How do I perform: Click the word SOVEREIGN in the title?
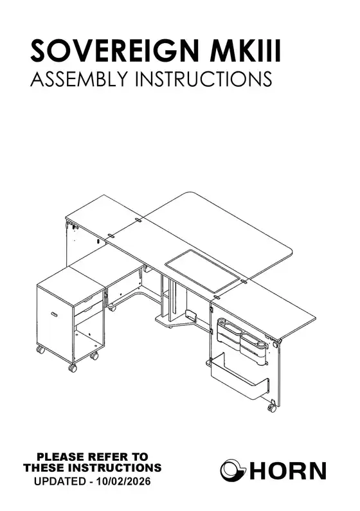(115, 51)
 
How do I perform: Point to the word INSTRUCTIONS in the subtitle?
(203, 78)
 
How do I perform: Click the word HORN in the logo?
(287, 471)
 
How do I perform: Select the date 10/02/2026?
(124, 481)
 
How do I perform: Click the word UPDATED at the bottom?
(60, 481)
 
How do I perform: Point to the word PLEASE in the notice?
(59, 457)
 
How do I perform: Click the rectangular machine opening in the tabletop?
(203, 271)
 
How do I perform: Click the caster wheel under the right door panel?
(272, 408)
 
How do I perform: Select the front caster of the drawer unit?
(73, 368)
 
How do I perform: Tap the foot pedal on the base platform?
(190, 315)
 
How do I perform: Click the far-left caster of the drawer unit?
(40, 350)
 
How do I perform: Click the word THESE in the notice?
(43, 468)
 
